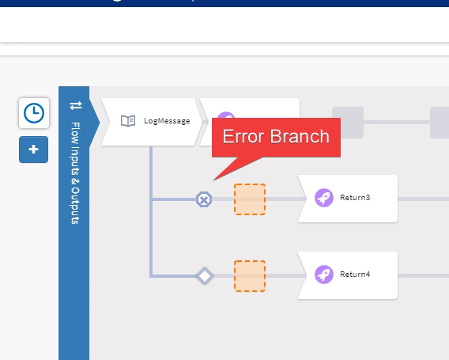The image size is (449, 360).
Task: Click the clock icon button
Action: point(33,113)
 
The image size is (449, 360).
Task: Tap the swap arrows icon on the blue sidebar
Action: point(76,105)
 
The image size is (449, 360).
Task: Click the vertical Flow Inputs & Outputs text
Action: point(75,172)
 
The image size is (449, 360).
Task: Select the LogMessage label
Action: point(167,121)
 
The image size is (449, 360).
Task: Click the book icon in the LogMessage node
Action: point(127,121)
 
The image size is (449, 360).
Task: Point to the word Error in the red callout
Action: point(240,136)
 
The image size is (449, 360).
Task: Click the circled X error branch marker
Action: point(204,199)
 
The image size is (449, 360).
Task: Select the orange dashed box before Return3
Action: point(250,199)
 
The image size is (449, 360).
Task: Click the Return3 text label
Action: point(355,198)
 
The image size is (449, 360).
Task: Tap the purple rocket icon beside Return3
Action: point(323,198)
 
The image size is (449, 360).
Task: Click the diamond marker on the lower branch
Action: point(205,276)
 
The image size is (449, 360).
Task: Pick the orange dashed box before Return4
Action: point(250,276)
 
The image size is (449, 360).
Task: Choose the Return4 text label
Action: point(355,275)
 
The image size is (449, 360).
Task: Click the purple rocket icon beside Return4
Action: point(323,275)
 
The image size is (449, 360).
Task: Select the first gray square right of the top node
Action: point(348,122)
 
